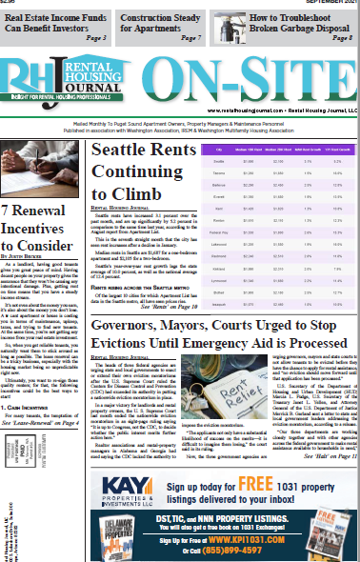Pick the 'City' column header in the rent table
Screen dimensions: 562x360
point(220,151)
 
